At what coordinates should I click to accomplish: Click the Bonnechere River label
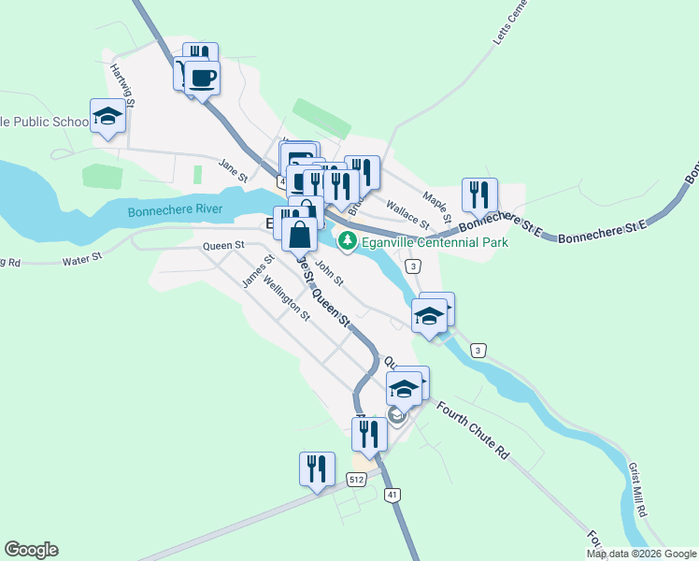click(175, 209)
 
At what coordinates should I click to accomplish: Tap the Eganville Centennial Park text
click(435, 242)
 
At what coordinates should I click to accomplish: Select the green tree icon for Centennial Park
click(348, 241)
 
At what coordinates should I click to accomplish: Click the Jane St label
click(233, 169)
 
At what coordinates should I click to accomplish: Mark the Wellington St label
click(286, 298)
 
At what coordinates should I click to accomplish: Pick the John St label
click(329, 272)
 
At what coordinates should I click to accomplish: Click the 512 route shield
click(355, 480)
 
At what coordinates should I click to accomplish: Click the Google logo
click(31, 550)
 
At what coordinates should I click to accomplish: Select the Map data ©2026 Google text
click(641, 554)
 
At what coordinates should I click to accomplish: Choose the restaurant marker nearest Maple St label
click(479, 195)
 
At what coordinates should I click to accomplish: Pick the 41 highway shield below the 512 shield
click(392, 493)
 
